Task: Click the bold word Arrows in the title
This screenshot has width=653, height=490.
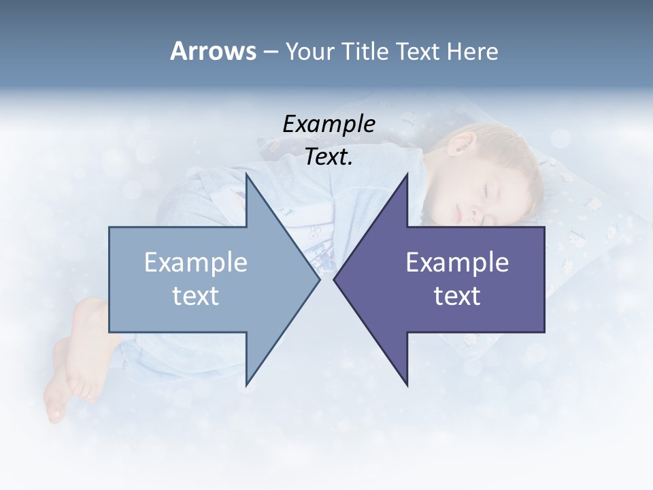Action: [x=212, y=51]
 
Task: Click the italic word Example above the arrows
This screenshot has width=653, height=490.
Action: [x=329, y=125]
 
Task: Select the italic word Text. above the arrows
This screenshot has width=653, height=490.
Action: [x=329, y=157]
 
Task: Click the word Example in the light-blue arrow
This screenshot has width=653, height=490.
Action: [x=196, y=263]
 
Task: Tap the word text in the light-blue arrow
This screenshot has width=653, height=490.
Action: [x=196, y=296]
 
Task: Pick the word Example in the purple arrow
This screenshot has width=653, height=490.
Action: [x=457, y=263]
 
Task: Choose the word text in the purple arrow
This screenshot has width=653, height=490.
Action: [x=457, y=296]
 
